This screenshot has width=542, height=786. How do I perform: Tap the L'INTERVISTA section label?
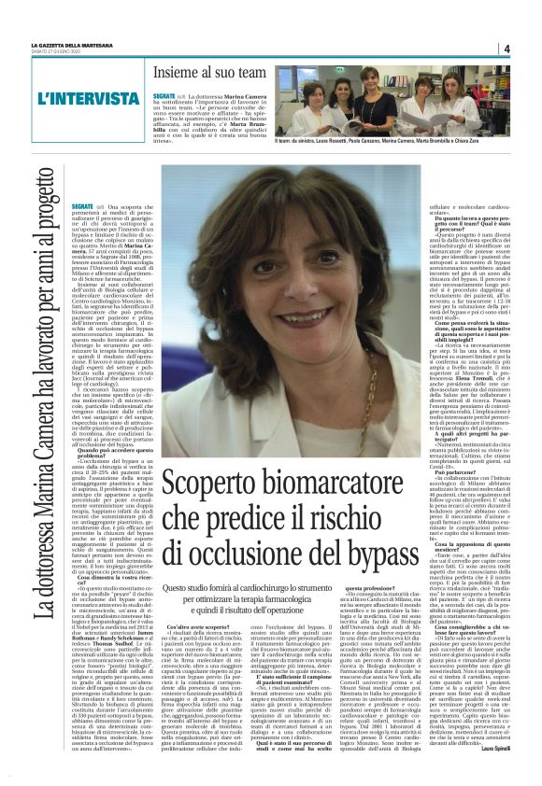(x=83, y=98)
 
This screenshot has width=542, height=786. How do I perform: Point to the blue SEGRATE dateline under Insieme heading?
(x=164, y=95)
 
